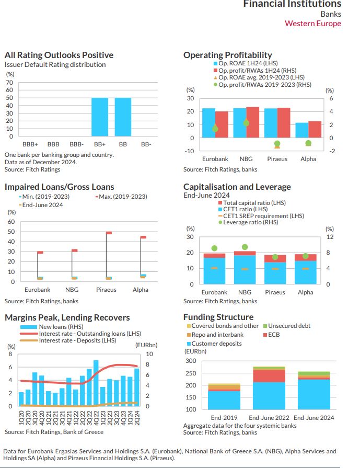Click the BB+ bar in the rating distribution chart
click(x=100, y=118)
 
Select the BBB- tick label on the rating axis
click(x=76, y=144)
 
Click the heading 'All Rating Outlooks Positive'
click(x=59, y=55)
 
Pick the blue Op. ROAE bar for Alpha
click(x=301, y=130)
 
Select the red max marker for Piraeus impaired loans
click(x=109, y=233)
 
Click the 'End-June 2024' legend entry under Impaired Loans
click(x=42, y=205)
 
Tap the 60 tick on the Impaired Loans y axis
click(x=10, y=222)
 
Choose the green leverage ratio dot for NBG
click(x=245, y=247)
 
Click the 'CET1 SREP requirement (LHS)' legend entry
click(x=263, y=216)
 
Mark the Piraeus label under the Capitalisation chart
click(x=275, y=292)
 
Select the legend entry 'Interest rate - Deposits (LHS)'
click(x=77, y=340)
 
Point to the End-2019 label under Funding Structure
click(x=224, y=418)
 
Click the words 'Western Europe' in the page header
click(x=312, y=24)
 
